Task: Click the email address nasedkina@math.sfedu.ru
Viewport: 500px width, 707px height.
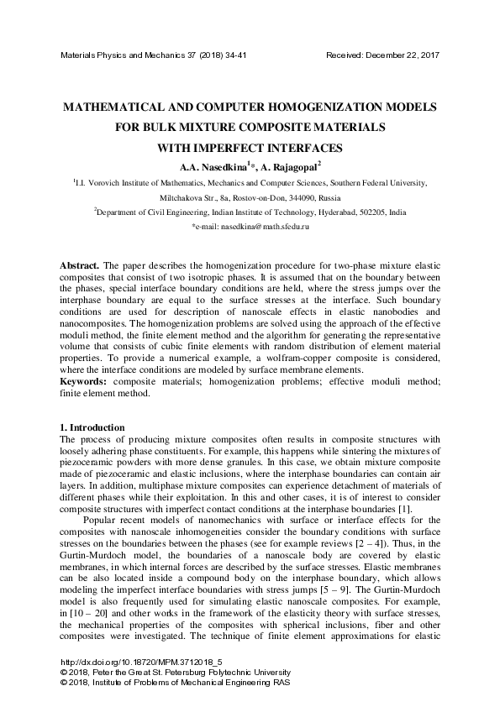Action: tap(262, 228)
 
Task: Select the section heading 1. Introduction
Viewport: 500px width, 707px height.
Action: tap(93, 427)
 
